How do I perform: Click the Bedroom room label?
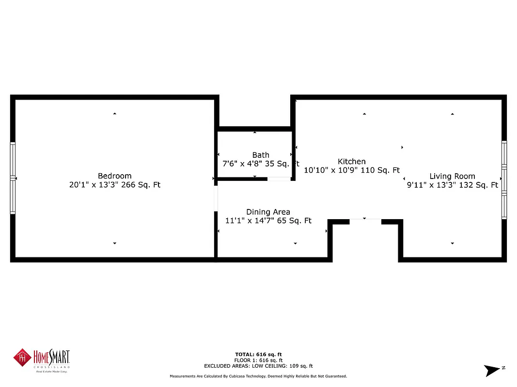point(114,176)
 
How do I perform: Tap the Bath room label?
point(261,155)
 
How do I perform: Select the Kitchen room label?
point(352,162)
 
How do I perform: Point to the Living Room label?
point(452,177)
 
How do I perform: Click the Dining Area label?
point(268,212)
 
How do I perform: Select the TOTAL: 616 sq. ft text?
point(258,355)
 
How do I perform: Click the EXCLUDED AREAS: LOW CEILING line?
point(258,366)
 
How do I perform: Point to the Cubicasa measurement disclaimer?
point(258,376)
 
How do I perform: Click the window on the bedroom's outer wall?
point(13,178)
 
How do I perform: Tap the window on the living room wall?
point(504,179)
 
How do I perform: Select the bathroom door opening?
point(279,179)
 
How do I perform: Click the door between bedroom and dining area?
point(216,198)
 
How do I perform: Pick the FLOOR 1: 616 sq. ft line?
point(258,360)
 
